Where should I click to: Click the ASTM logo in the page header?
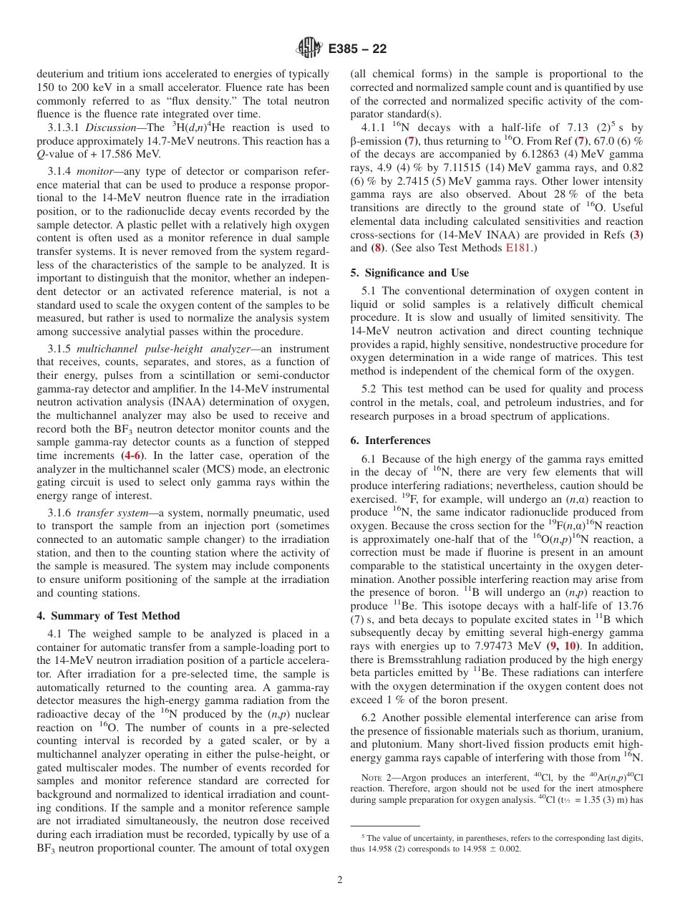click(309, 49)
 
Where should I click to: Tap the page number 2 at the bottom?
click(340, 880)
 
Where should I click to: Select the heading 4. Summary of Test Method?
click(108, 616)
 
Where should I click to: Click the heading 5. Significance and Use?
click(409, 273)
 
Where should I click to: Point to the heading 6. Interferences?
click(390, 440)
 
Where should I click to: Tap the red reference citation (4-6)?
click(133, 455)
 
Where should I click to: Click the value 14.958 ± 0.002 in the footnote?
click(483, 849)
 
